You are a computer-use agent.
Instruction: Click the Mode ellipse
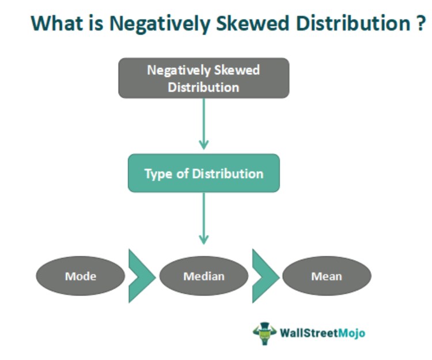click(81, 276)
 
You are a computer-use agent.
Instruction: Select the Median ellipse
click(204, 276)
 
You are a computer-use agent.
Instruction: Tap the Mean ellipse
click(327, 276)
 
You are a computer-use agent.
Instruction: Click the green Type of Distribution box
click(204, 173)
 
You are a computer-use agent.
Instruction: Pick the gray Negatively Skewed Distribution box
click(204, 78)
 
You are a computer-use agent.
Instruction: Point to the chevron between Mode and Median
click(142, 276)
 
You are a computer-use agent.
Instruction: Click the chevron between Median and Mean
click(266, 276)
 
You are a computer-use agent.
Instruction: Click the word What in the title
click(57, 23)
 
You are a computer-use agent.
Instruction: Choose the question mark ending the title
click(421, 23)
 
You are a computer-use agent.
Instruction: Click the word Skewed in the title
click(252, 23)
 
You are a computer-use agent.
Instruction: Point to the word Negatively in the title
click(160, 24)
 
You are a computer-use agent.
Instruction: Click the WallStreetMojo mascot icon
click(264, 334)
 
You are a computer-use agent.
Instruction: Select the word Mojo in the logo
click(351, 334)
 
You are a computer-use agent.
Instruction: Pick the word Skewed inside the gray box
click(237, 70)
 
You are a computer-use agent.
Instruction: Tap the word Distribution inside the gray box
click(203, 88)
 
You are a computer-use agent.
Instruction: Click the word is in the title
click(96, 23)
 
